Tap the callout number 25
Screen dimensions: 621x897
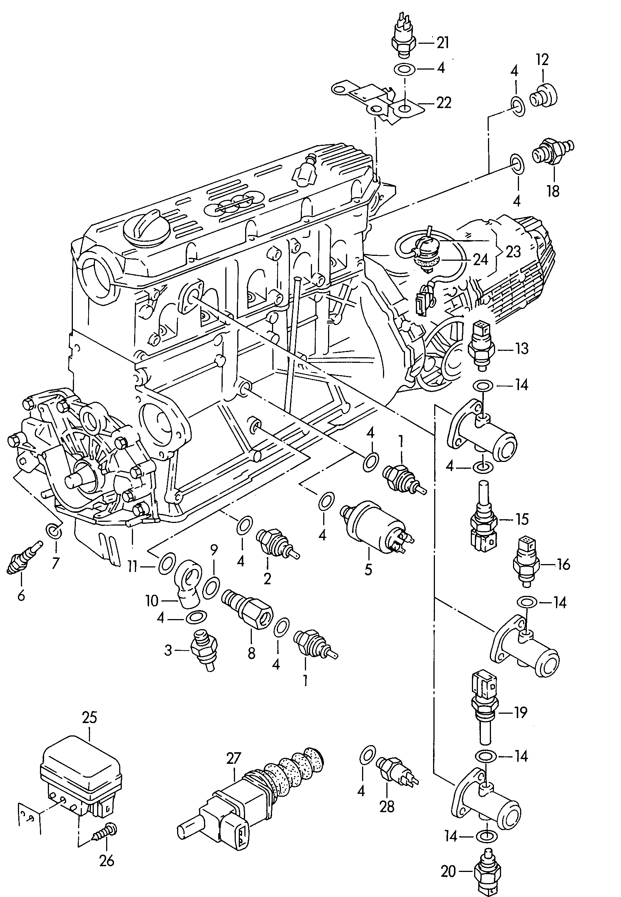90,717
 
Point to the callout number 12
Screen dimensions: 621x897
542,59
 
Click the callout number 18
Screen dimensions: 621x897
553,191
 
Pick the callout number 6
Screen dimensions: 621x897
21,595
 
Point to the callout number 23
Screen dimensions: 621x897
513,252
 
